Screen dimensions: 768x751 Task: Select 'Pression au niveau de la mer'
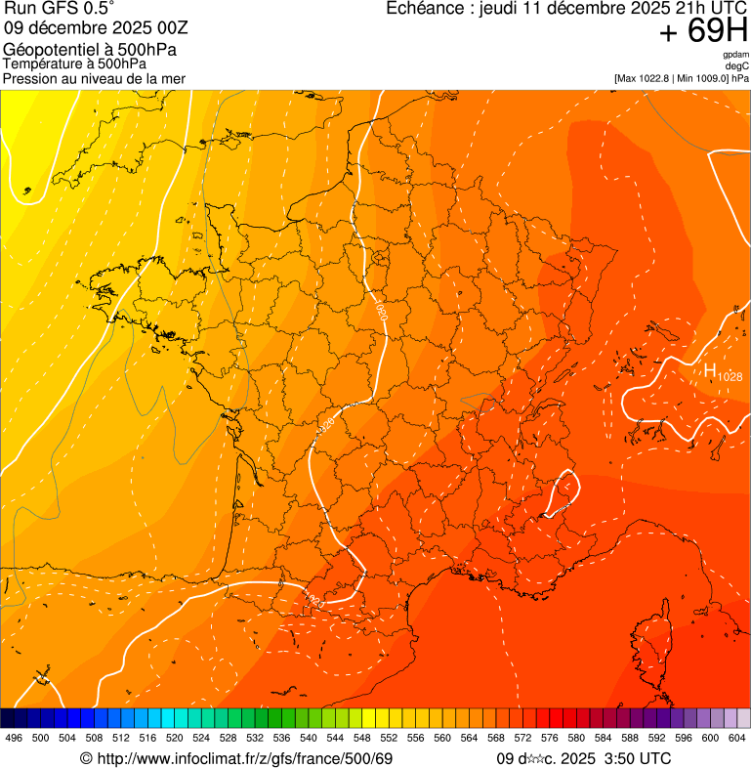click(94, 78)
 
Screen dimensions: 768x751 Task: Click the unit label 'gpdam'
click(735, 55)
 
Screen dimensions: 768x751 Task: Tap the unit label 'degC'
click(737, 66)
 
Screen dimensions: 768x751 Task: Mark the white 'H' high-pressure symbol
click(710, 370)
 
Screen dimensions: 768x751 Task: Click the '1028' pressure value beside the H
click(730, 376)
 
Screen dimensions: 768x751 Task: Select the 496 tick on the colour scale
click(14, 739)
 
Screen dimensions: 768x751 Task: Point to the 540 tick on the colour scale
click(309, 739)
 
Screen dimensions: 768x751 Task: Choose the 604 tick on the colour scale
click(737, 739)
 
